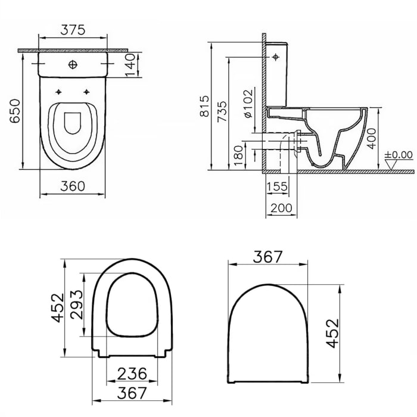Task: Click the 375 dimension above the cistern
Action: point(73,29)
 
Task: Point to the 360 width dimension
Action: point(73,186)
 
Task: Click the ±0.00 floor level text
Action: point(399,154)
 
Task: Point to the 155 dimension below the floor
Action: point(278,186)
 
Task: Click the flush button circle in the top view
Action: point(73,64)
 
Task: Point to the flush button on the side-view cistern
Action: point(275,57)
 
